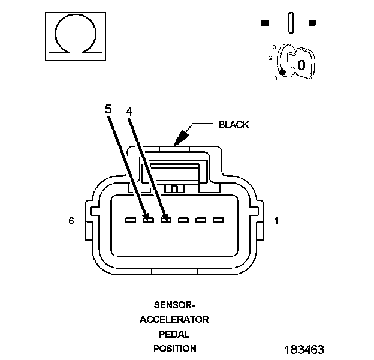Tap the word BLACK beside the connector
coord(233,125)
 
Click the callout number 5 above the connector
coord(108,109)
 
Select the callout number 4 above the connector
coord(129,111)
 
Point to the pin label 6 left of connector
coord(71,221)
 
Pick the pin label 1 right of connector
coord(276,221)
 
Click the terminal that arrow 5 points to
coord(147,220)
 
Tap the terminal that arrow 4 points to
coord(165,220)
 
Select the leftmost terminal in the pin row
coord(130,220)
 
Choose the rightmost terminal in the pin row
coord(218,220)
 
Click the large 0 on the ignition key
coord(301,65)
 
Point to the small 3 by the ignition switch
coord(273,46)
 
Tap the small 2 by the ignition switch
coord(271,58)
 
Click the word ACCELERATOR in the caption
coord(174,319)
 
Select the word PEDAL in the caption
coord(174,334)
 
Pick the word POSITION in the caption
coord(174,348)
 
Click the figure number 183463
coord(304,349)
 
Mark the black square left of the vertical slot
coord(265,23)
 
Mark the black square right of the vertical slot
coord(312,23)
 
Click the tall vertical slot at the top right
coord(291,23)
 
